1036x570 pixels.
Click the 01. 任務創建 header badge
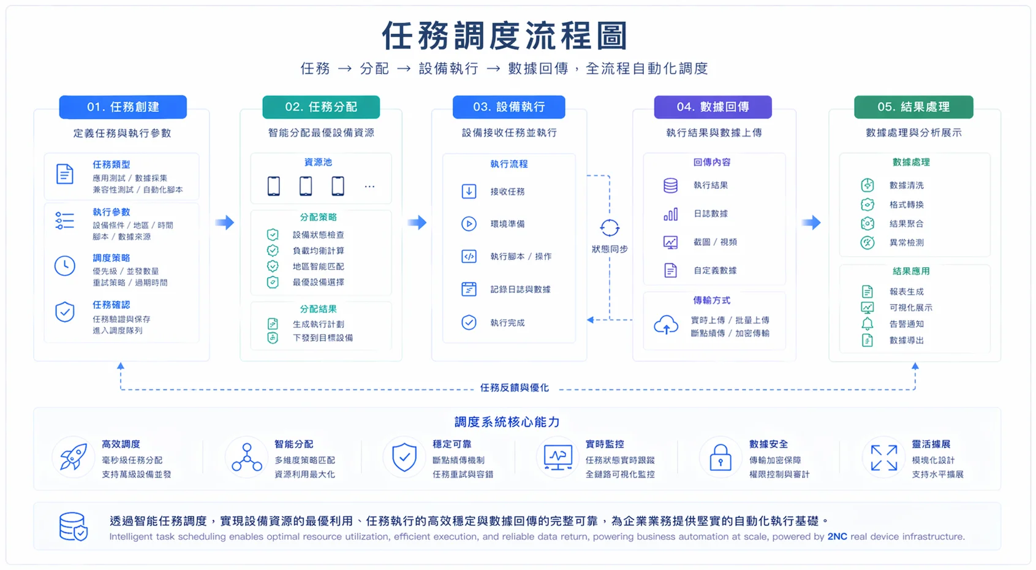(x=123, y=107)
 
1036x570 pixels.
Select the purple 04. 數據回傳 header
(x=713, y=107)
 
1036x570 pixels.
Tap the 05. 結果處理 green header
(x=913, y=107)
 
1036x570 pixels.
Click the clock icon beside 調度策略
(x=65, y=266)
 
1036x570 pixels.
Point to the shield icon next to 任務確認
(x=65, y=312)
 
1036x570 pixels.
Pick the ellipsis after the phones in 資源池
(x=369, y=186)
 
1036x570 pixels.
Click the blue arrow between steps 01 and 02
(x=225, y=222)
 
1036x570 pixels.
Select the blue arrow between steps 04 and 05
(x=811, y=222)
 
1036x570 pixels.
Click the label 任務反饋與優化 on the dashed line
(x=514, y=388)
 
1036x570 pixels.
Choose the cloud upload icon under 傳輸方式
(x=666, y=325)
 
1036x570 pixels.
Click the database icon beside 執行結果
(x=671, y=186)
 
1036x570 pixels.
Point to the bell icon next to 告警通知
(x=867, y=324)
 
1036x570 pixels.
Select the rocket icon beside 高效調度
(x=74, y=457)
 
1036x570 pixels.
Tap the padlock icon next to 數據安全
(x=720, y=458)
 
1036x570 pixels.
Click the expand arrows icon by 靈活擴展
(x=884, y=458)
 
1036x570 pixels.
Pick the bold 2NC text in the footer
(x=837, y=537)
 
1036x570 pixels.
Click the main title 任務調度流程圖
(x=505, y=36)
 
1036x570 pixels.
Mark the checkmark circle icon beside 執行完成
(x=469, y=322)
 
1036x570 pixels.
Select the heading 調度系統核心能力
(x=507, y=422)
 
